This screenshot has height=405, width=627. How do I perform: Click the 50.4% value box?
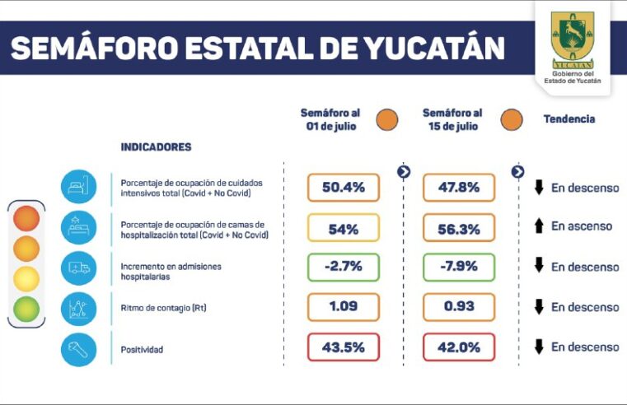[344, 188]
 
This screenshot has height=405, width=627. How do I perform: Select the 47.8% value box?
[459, 188]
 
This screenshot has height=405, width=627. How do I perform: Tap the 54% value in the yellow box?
[344, 229]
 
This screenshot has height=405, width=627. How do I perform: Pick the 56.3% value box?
[459, 229]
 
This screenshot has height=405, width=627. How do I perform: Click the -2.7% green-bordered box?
[344, 268]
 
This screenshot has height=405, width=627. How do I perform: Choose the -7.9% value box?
[459, 268]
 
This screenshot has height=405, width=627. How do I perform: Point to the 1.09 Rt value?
[344, 307]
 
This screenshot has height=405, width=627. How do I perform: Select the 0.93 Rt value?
[459, 307]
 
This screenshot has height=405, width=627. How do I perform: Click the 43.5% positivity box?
[344, 347]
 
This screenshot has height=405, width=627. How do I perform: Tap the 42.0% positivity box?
[459, 347]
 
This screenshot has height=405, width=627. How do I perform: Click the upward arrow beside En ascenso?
[539, 226]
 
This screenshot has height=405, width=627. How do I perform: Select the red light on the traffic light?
[26, 218]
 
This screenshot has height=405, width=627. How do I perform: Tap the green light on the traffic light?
[26, 310]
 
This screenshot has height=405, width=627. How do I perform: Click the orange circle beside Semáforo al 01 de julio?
[386, 119]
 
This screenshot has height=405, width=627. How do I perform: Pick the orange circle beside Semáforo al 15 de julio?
[510, 119]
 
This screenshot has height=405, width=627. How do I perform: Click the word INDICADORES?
[156, 147]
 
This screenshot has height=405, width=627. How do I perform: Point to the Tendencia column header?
[569, 119]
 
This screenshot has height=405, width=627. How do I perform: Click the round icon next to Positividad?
[78, 349]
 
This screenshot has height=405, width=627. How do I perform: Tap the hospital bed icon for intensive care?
[78, 187]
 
